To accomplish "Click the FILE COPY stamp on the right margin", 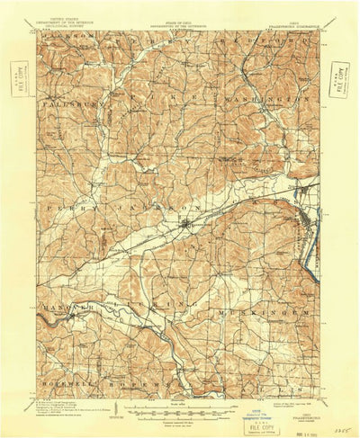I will [x=339, y=78].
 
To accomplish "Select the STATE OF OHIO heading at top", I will [x=180, y=11].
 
